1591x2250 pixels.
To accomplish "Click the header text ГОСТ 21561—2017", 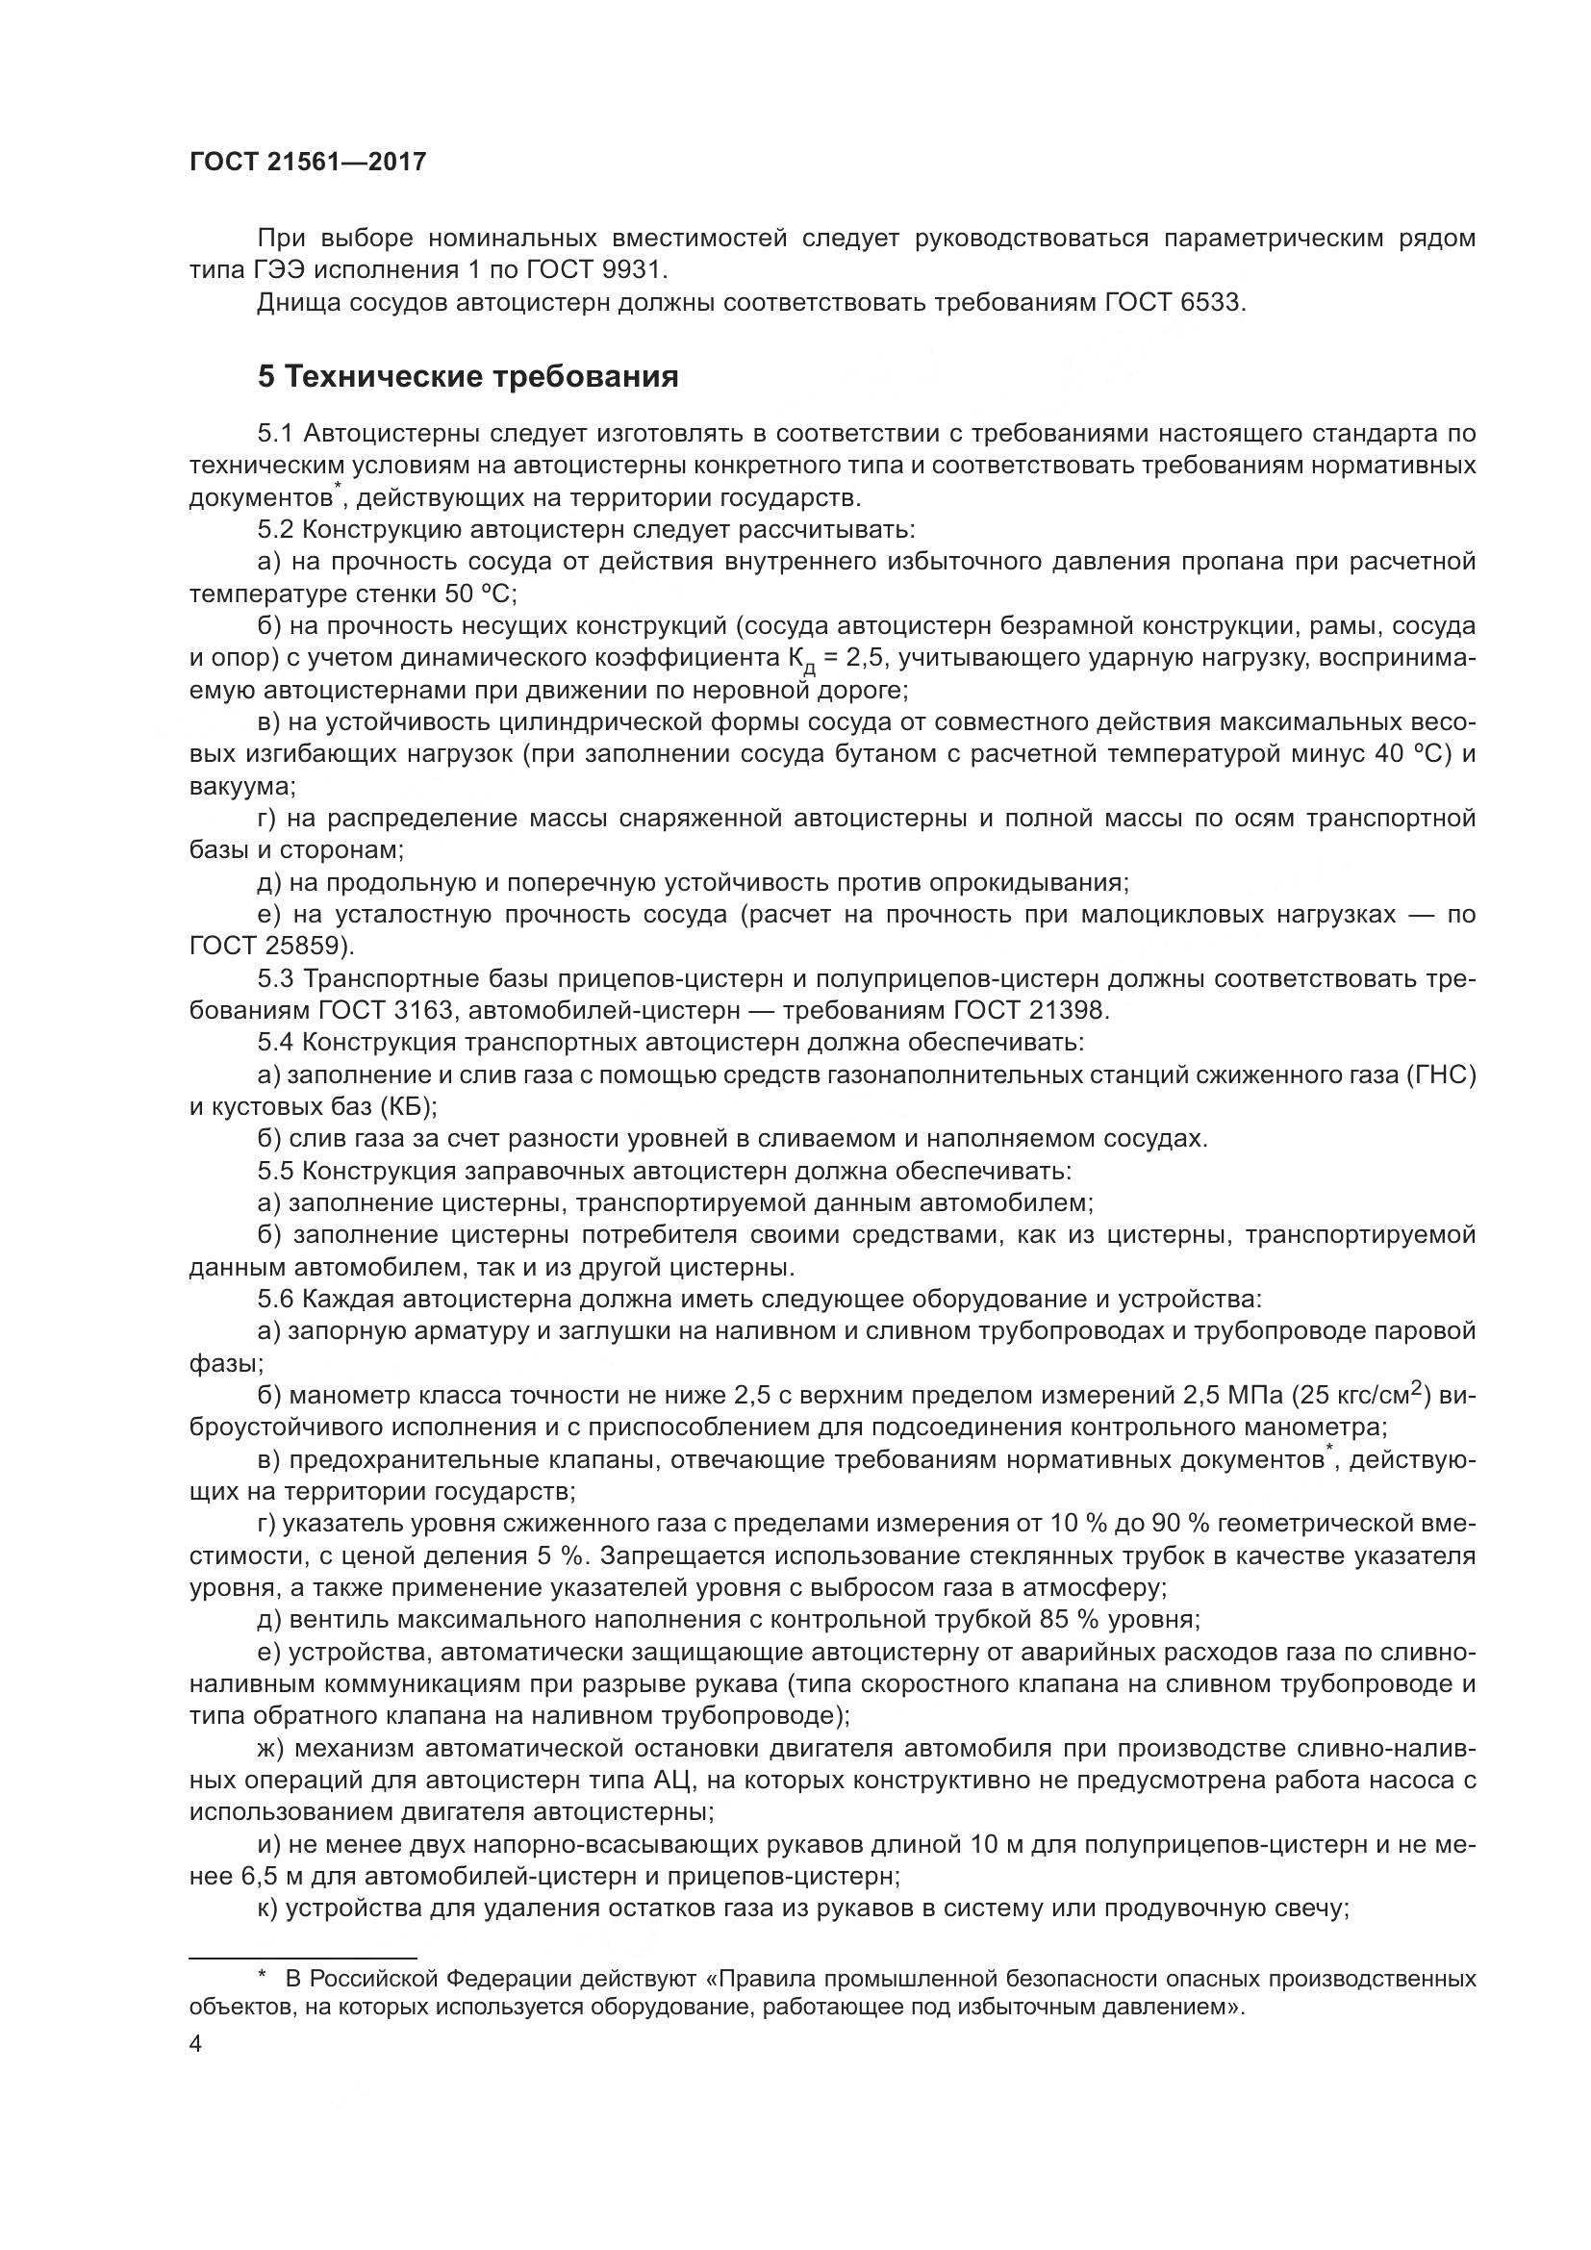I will click(x=308, y=163).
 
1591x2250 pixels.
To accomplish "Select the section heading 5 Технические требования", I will click(x=467, y=377).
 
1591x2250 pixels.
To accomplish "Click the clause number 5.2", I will click(x=275, y=530).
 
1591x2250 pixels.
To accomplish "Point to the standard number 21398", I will click(x=1070, y=1010).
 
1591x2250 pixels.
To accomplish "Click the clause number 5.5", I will click(x=275, y=1171).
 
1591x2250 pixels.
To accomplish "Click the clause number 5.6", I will click(x=275, y=1300).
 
